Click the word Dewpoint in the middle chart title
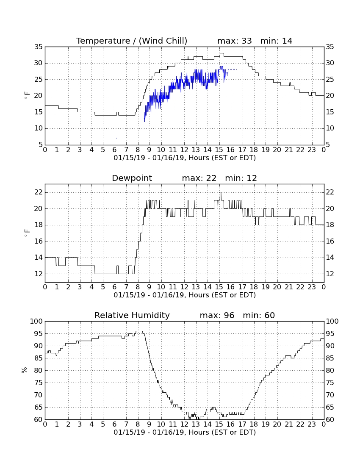[132, 178]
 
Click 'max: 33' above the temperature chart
[235, 41]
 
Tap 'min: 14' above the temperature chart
[276, 41]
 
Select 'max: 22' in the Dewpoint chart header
[199, 178]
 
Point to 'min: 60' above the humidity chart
[259, 315]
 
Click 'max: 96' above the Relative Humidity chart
[217, 315]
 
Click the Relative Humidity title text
[132, 315]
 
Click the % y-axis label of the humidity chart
[25, 370]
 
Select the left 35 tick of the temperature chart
[39, 47]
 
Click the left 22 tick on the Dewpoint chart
[39, 192]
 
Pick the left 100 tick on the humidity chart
[36, 321]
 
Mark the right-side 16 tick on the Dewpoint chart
[330, 241]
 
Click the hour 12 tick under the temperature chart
[184, 150]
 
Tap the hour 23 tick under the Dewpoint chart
[312, 287]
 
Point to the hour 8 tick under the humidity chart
[138, 424]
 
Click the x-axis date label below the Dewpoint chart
[185, 295]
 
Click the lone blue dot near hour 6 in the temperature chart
[116, 138]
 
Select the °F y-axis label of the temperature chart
[27, 95]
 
